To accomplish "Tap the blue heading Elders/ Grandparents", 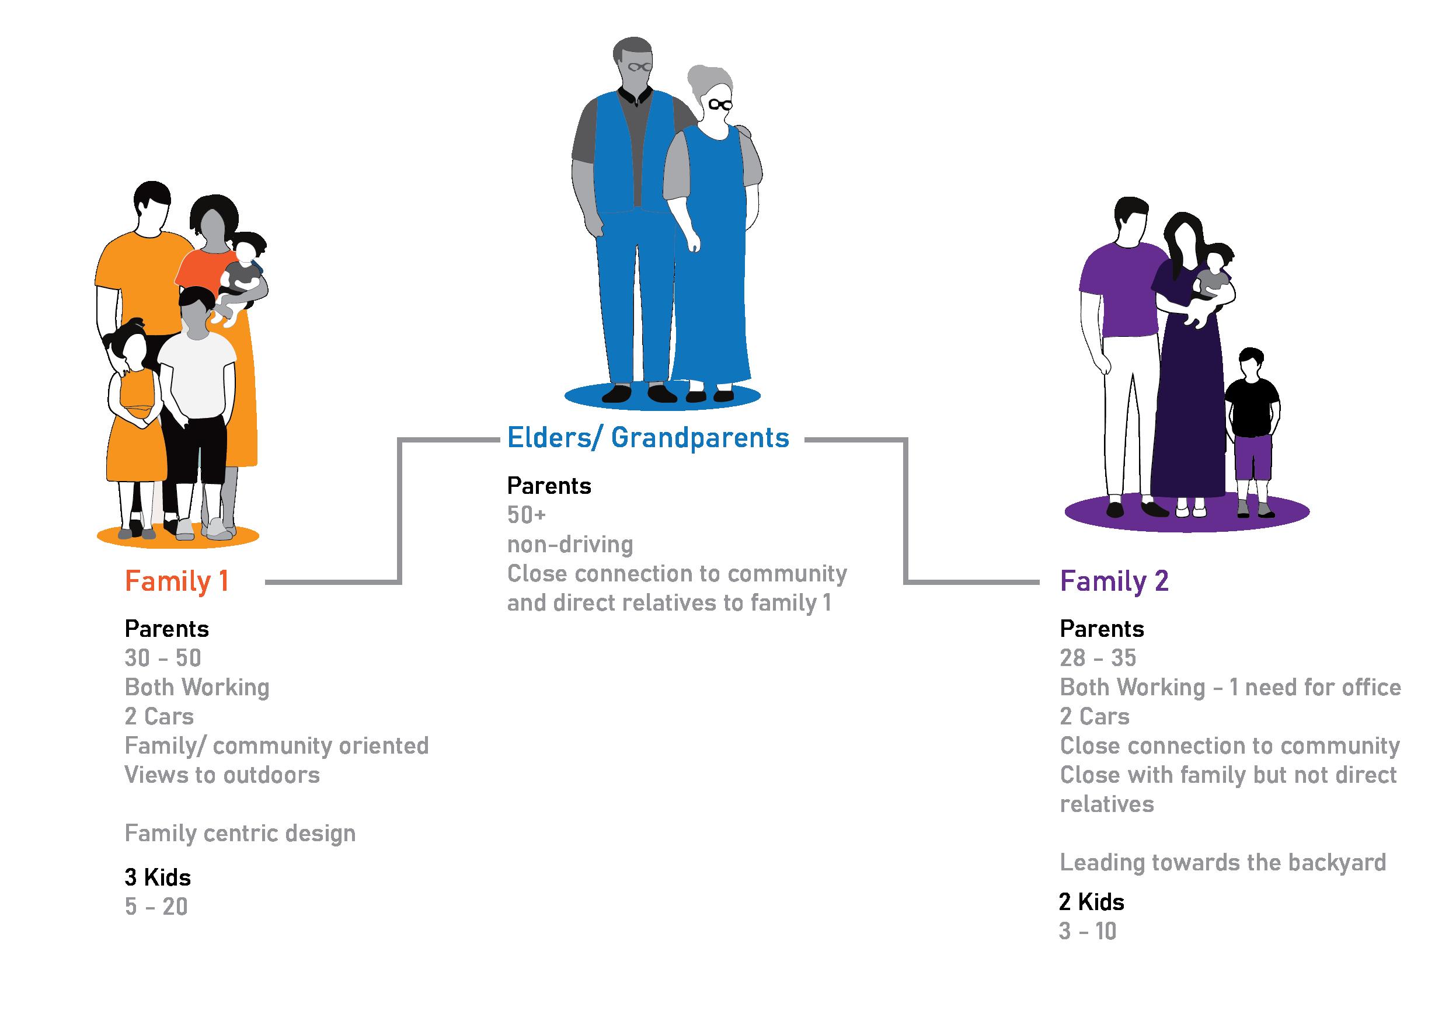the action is click(x=648, y=438).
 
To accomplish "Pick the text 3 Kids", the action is click(x=158, y=877).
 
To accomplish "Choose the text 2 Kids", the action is click(x=1092, y=902).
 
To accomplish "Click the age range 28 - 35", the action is click(x=1098, y=658).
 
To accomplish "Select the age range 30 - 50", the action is click(x=163, y=658).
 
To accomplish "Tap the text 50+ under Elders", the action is click(x=527, y=515).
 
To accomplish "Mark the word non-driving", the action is click(x=570, y=544).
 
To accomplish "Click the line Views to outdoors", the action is click(x=222, y=775).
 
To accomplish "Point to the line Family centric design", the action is click(x=240, y=834).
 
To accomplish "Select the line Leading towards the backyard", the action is click(x=1222, y=863).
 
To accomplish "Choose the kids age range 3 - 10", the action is click(x=1088, y=932).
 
